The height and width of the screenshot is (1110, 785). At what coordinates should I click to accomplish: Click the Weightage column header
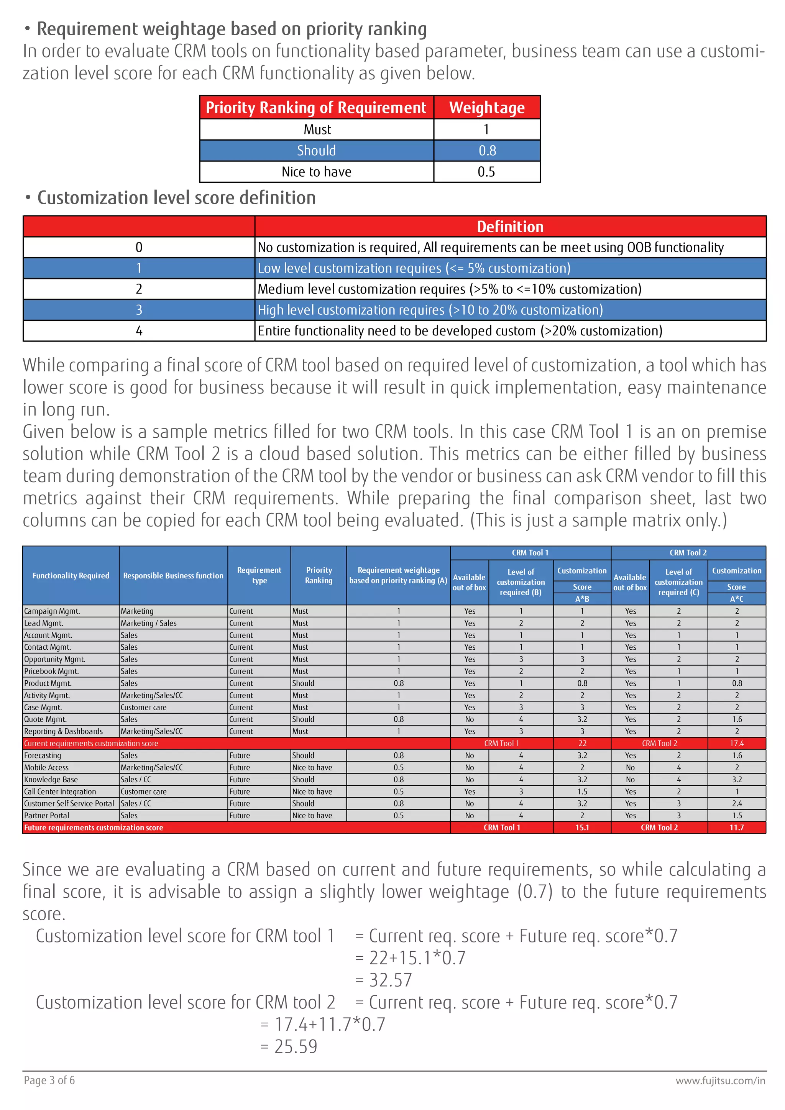(487, 107)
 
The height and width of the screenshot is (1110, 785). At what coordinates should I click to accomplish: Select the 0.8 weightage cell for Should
(487, 150)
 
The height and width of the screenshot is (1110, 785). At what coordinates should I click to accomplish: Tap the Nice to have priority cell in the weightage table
(317, 172)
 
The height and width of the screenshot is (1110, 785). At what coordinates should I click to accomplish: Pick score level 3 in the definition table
(139, 310)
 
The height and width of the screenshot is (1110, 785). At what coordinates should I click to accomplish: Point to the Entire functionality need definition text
(460, 331)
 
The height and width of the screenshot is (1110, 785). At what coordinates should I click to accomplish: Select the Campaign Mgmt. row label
(52, 611)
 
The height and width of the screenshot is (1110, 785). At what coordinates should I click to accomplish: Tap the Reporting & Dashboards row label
(63, 731)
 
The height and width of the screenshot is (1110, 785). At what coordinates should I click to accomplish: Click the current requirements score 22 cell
(582, 744)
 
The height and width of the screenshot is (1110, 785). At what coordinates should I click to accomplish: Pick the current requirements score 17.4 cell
(737, 744)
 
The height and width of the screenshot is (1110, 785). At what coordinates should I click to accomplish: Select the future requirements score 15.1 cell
(582, 828)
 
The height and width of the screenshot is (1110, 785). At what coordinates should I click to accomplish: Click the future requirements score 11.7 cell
(737, 828)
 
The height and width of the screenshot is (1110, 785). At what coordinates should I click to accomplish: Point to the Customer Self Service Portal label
(69, 803)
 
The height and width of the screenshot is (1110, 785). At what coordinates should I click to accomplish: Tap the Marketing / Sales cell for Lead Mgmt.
(148, 623)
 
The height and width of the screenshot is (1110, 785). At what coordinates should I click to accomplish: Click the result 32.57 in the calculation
(391, 980)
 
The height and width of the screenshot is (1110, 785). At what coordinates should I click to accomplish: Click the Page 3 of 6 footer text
(49, 1080)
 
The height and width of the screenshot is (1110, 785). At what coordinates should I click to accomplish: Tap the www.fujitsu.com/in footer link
(720, 1080)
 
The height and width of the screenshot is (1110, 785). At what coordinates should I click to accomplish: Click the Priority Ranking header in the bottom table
(319, 575)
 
